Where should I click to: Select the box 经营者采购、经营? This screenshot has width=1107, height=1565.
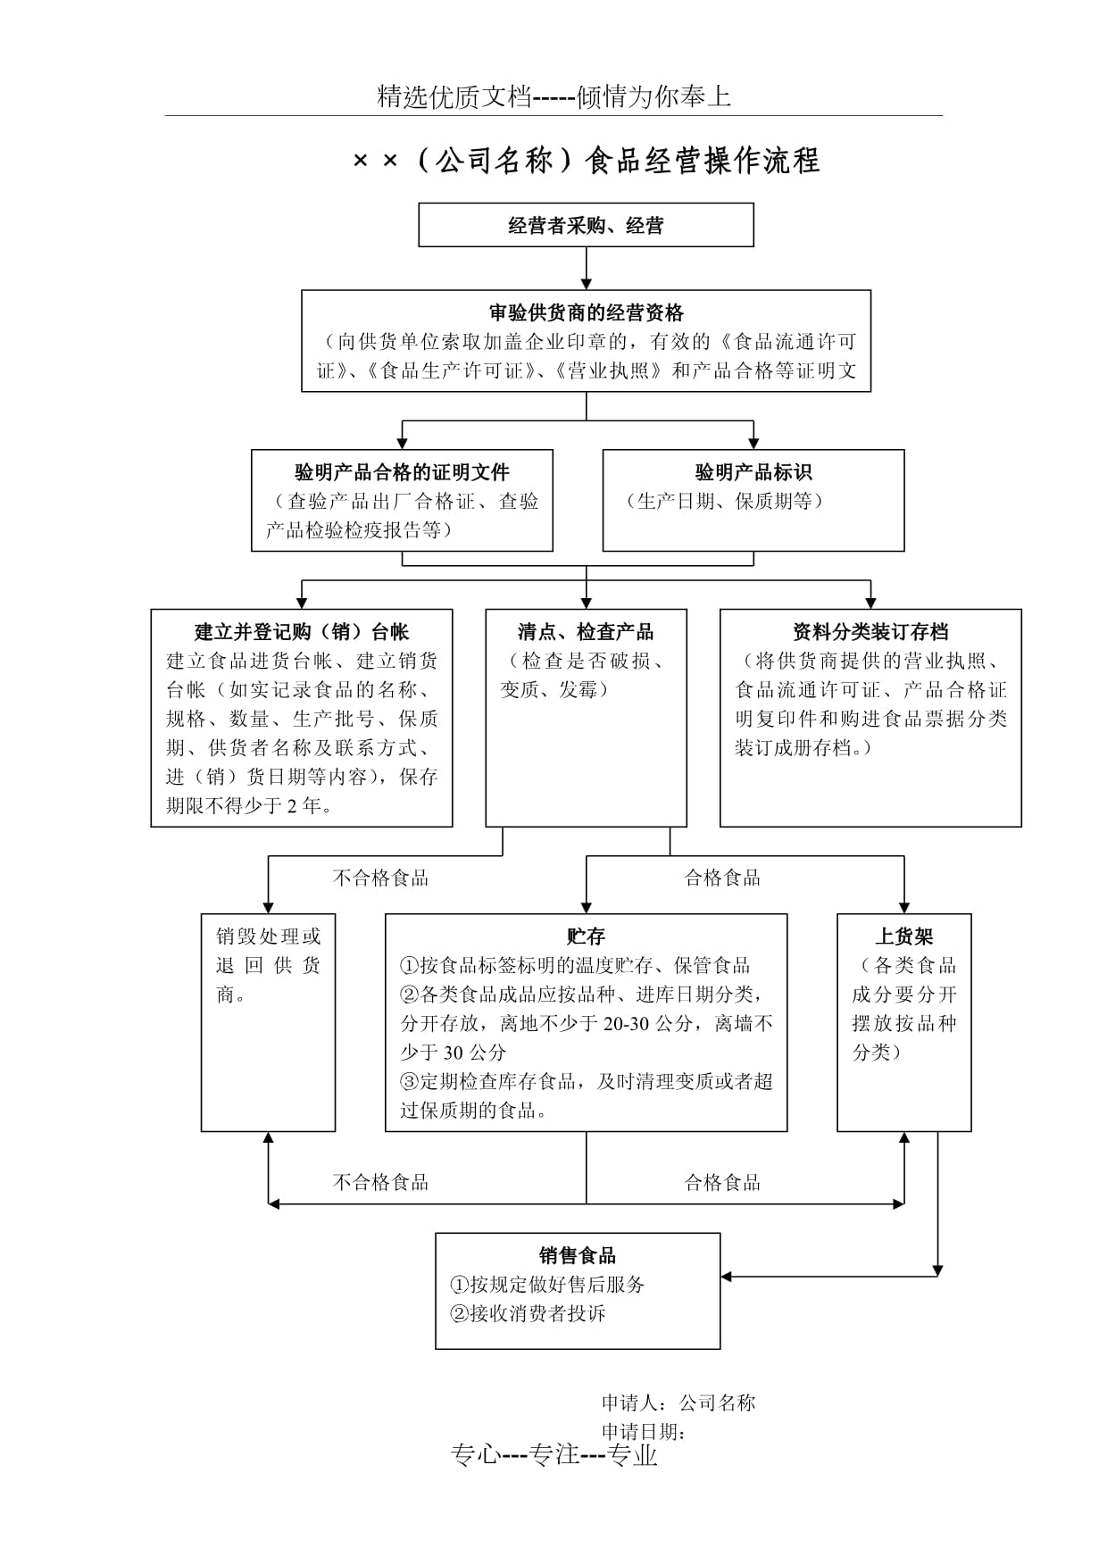tap(586, 225)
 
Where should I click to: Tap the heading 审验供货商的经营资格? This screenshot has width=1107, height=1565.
tap(586, 312)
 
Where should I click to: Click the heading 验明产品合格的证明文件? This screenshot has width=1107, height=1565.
tap(402, 472)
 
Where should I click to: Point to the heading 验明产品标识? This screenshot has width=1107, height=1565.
tap(753, 472)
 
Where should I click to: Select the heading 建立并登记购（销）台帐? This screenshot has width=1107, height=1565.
tap(302, 632)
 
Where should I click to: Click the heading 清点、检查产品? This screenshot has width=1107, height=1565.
tap(586, 632)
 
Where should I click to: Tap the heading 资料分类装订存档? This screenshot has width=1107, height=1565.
tap(870, 632)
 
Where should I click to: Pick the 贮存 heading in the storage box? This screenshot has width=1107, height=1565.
tap(586, 936)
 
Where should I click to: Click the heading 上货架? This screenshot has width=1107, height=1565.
tap(903, 936)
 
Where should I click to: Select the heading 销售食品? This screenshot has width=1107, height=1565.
tap(578, 1255)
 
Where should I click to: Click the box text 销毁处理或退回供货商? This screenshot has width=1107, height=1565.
tap(268, 965)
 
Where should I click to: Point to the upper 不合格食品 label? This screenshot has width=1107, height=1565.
tap(380, 878)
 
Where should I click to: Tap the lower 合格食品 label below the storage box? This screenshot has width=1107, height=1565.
tap(722, 1183)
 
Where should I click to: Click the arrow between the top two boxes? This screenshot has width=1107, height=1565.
tap(587, 268)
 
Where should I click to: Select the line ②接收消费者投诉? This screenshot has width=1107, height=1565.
tap(529, 1313)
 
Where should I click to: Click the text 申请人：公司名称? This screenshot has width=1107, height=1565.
tap(678, 1403)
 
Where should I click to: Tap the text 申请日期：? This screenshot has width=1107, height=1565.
tap(644, 1431)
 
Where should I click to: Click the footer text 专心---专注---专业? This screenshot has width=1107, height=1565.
tap(554, 1455)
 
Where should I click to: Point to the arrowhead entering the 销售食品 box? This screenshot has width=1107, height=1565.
tap(727, 1277)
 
